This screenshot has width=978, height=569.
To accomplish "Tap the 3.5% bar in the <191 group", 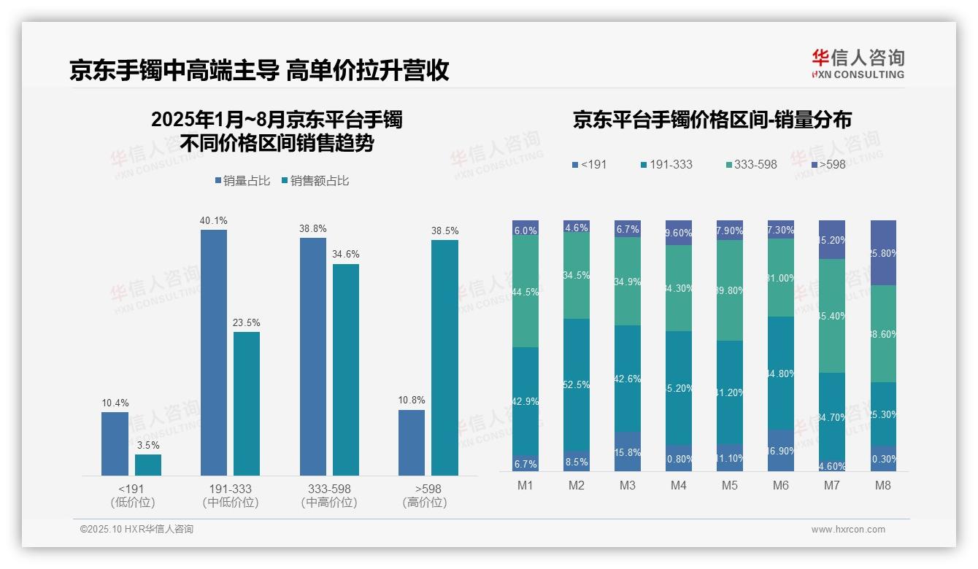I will point(147,465).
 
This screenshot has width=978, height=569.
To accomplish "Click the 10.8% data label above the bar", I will point(412,400).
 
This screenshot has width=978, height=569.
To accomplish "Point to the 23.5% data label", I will point(247,322).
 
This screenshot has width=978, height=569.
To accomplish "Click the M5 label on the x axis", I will point(729,486).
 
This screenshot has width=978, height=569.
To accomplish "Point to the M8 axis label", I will point(882,486).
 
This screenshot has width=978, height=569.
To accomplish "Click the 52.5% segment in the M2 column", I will point(577,384).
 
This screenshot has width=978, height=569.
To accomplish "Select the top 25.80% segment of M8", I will point(883,252).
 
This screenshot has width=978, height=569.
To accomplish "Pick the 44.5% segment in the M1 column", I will point(525,292).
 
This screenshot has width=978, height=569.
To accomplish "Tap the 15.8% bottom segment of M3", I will point(628,452).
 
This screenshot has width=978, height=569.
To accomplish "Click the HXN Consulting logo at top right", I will point(858,64).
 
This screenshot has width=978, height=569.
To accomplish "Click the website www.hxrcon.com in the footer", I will point(848,530).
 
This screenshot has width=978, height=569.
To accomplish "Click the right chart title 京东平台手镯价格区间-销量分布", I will point(712,120).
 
